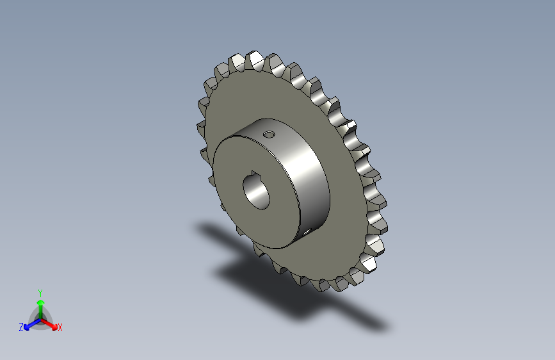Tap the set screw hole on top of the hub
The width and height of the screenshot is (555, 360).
click(x=269, y=135)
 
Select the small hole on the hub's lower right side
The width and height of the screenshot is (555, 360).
click(x=309, y=229)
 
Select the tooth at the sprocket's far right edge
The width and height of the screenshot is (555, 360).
click(x=383, y=221)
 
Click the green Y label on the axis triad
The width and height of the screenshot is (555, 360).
click(x=40, y=291)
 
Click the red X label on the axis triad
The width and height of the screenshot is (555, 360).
click(x=60, y=327)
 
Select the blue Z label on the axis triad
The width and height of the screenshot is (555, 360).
click(x=21, y=327)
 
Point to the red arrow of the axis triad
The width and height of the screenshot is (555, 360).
click(x=51, y=324)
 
